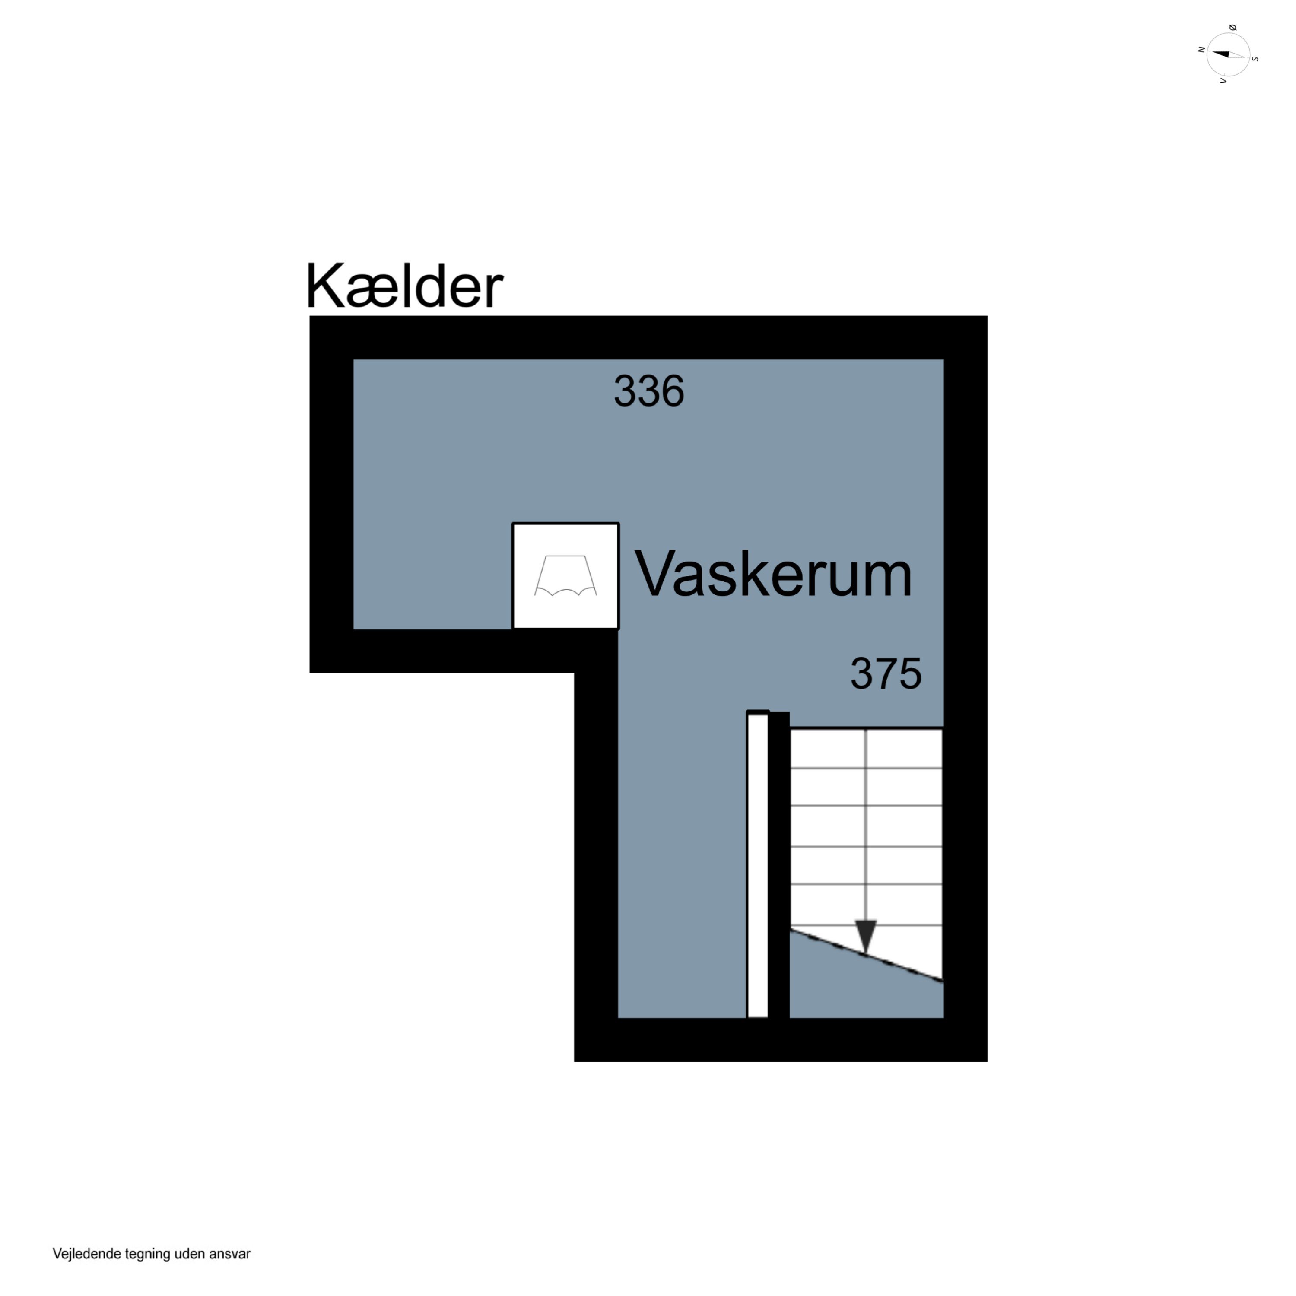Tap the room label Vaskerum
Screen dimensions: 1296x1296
point(773,574)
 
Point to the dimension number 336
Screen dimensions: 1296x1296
point(649,391)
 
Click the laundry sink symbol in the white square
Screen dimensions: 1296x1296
point(565,575)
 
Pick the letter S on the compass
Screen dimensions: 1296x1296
point(1255,59)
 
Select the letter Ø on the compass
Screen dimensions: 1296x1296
point(1232,28)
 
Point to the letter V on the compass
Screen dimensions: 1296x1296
point(1223,80)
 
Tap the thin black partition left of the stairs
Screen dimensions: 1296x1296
point(779,865)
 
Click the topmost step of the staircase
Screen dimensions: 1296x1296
point(866,748)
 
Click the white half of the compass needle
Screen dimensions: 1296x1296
point(1238,56)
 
